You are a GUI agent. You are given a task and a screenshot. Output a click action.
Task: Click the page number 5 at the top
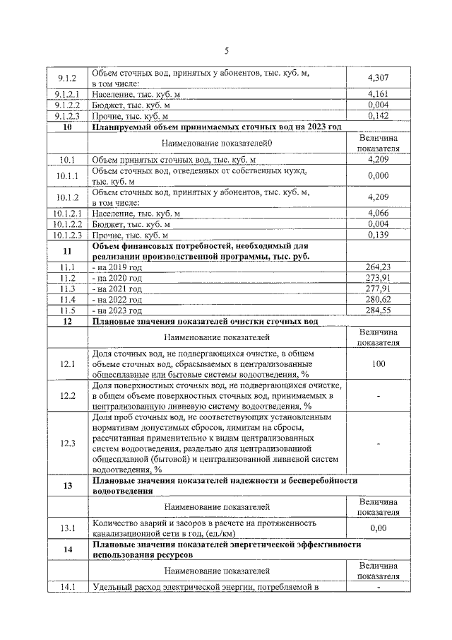tap(227, 50)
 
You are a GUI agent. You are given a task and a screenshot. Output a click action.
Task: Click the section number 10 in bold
tap(67, 127)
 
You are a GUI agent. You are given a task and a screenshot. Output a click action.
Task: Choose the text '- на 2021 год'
tap(117, 289)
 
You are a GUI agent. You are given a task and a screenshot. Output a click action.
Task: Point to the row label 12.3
tap(67, 443)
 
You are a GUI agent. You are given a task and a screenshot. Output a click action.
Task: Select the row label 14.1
tap(67, 586)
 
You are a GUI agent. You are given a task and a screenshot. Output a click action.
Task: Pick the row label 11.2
tap(67, 278)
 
